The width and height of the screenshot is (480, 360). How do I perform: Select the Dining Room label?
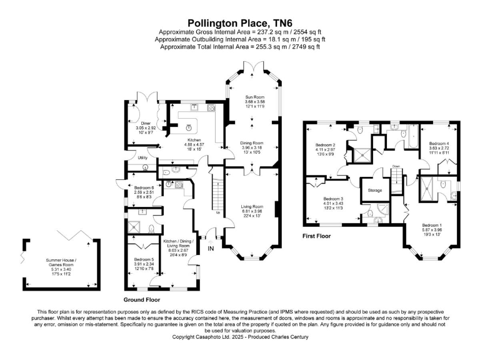click(x=252, y=143)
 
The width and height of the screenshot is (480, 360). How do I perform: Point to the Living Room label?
click(x=253, y=206)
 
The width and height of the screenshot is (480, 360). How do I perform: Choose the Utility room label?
click(x=142, y=158)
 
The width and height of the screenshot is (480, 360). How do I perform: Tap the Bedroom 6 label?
click(x=144, y=187)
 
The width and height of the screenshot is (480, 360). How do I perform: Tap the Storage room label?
click(x=375, y=191)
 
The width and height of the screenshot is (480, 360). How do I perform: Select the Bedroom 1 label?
click(x=431, y=224)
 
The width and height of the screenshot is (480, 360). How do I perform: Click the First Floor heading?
click(x=317, y=236)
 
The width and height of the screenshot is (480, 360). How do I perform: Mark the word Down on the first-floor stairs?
click(x=396, y=166)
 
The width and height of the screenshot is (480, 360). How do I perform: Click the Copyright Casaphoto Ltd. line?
click(x=239, y=337)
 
